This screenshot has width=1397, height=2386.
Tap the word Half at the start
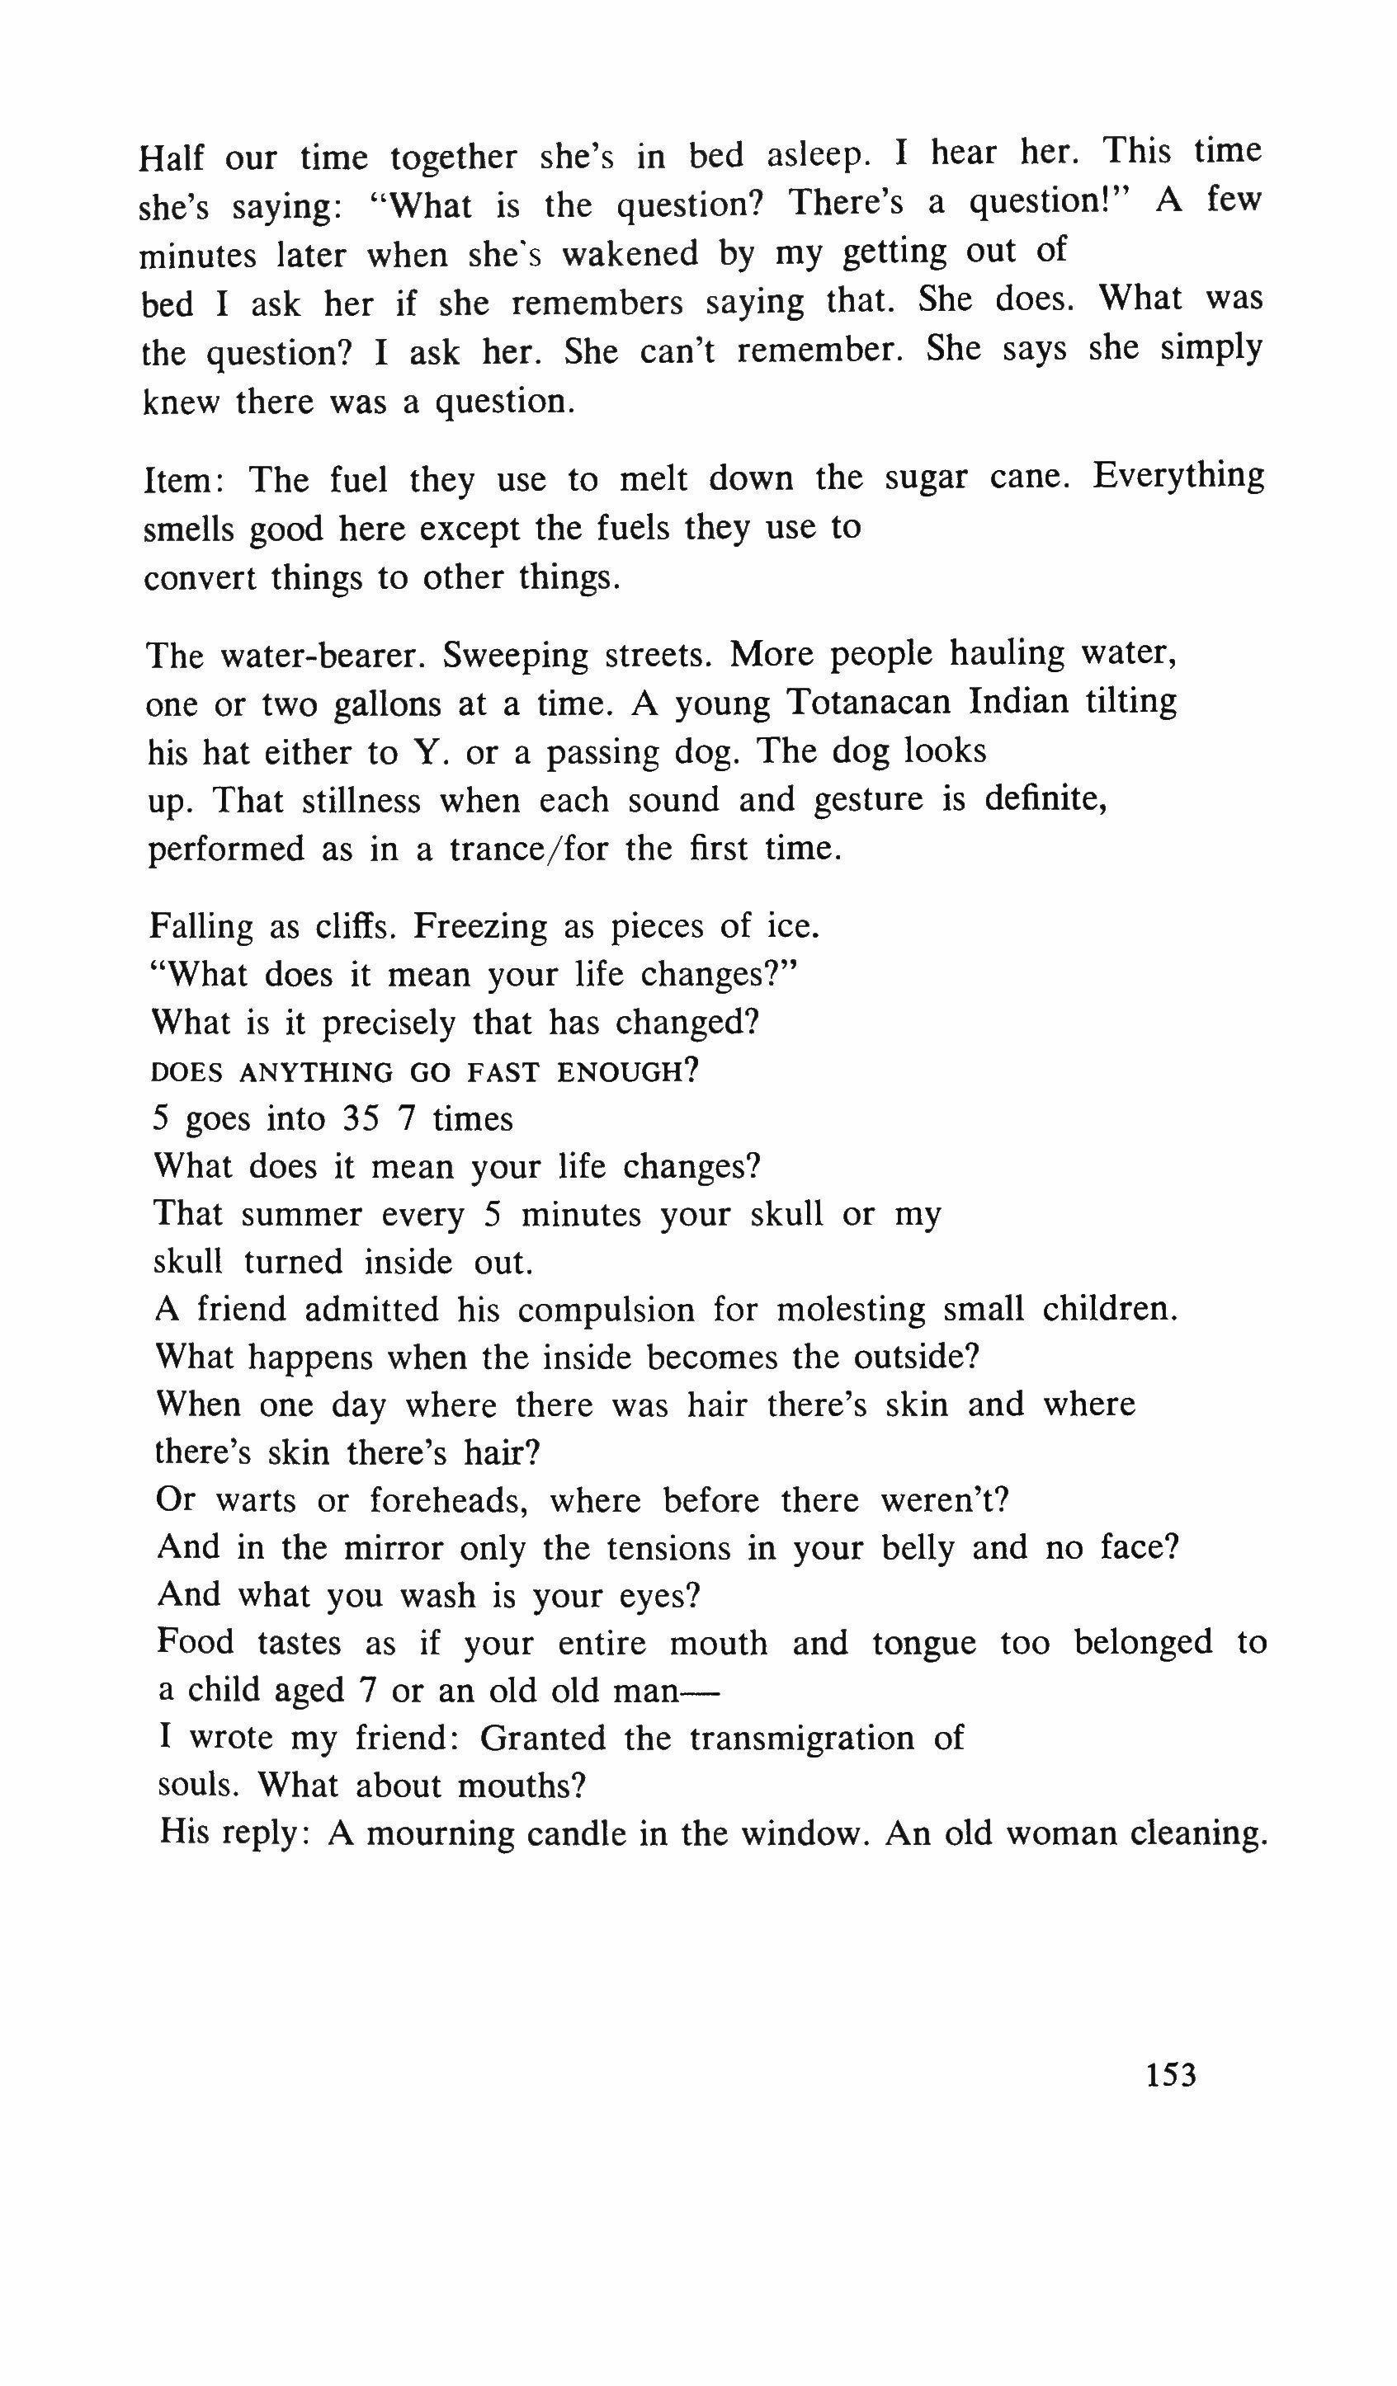click(x=171, y=158)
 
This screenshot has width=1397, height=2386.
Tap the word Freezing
click(x=479, y=927)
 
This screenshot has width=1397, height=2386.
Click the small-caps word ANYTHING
click(x=316, y=1073)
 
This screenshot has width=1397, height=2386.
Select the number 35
click(x=361, y=1119)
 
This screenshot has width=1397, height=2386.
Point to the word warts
click(x=252, y=1501)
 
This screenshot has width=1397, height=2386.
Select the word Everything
click(x=1178, y=474)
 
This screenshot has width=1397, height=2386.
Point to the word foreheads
click(x=445, y=1501)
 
